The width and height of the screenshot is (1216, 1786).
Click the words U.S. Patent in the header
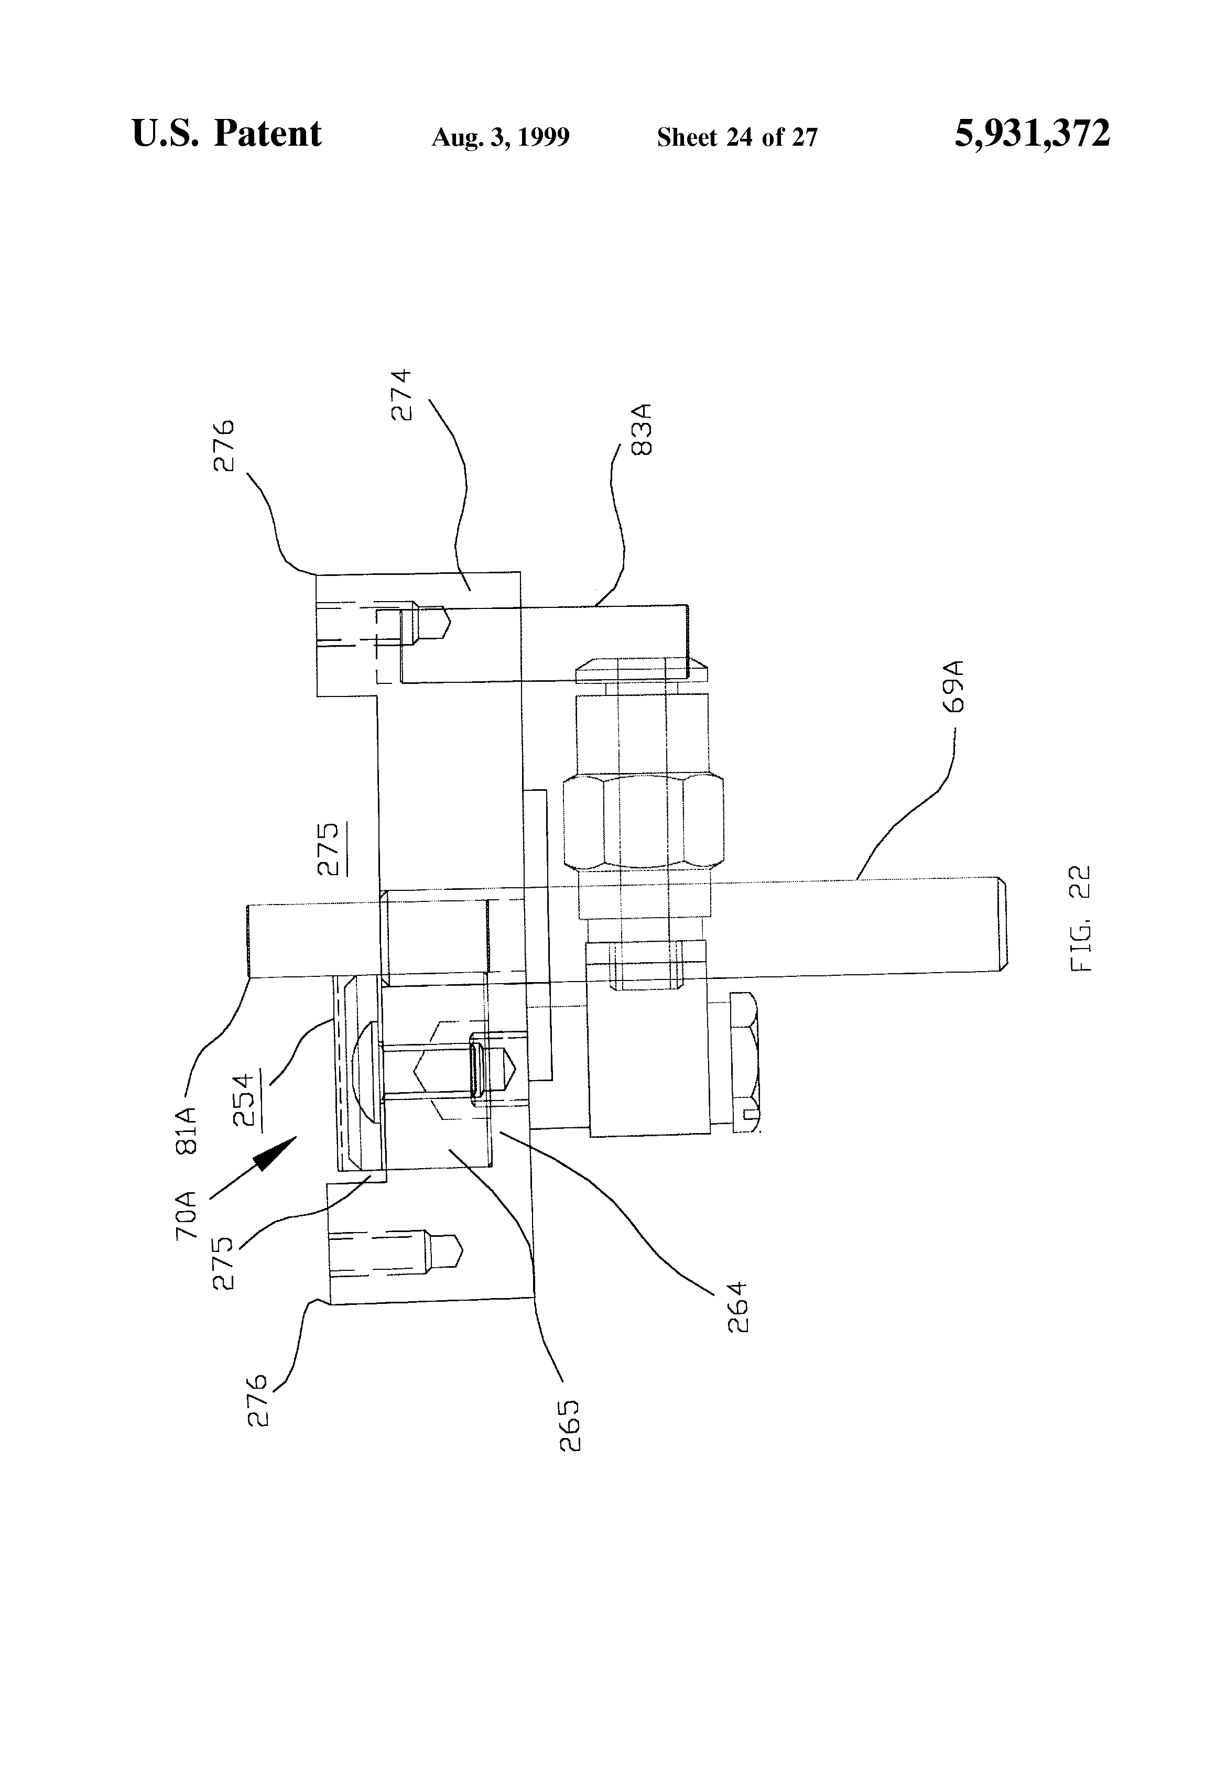(x=227, y=134)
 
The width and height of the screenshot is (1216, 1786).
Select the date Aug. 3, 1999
(x=501, y=137)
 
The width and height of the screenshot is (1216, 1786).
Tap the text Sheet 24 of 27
(x=737, y=137)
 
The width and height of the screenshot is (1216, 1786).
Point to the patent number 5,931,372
(x=1033, y=134)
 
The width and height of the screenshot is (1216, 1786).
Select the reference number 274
(x=401, y=395)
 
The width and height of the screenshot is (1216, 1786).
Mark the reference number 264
(x=737, y=1307)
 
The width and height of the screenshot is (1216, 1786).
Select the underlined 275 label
(x=329, y=849)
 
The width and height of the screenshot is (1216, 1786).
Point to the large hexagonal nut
(x=643, y=821)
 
